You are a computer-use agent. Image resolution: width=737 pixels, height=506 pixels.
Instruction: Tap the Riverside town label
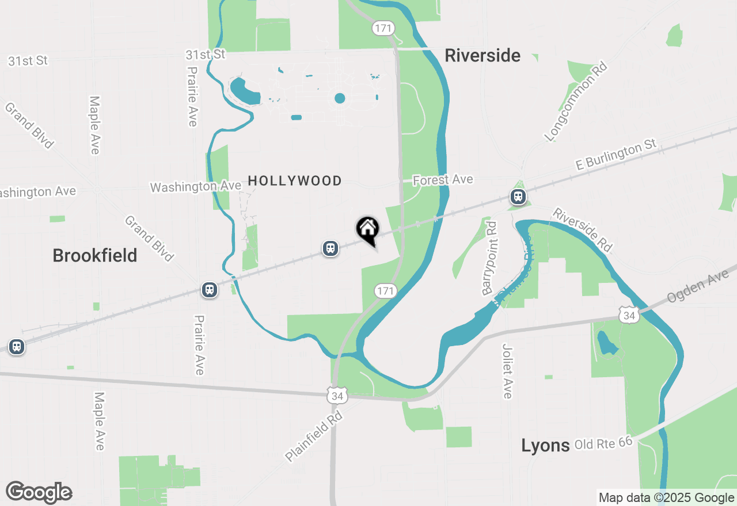point(483,56)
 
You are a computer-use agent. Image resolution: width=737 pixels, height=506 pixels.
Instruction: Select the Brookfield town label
point(95,255)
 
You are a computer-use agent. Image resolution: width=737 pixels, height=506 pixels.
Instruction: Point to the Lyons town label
point(545,445)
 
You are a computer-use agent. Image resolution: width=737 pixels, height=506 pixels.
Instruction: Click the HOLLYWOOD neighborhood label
point(295,181)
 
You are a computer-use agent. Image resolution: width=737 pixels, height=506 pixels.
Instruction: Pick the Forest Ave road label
point(443,180)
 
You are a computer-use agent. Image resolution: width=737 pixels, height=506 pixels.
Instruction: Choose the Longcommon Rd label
point(576,102)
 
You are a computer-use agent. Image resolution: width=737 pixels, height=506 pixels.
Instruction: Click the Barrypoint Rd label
point(490,258)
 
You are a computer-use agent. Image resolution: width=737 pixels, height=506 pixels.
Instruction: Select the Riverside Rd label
point(582,229)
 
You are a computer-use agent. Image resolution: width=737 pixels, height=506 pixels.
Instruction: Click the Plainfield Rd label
point(314,436)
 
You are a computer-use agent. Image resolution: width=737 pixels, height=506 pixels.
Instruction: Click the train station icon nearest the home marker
point(330,248)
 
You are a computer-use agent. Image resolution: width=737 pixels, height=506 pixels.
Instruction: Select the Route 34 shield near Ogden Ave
point(629,315)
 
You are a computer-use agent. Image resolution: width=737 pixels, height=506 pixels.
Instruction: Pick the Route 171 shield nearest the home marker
point(385,291)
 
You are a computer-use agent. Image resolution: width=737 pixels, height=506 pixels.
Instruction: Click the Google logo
point(39,492)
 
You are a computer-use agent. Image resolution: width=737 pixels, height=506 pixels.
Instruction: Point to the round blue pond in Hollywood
point(340,98)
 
